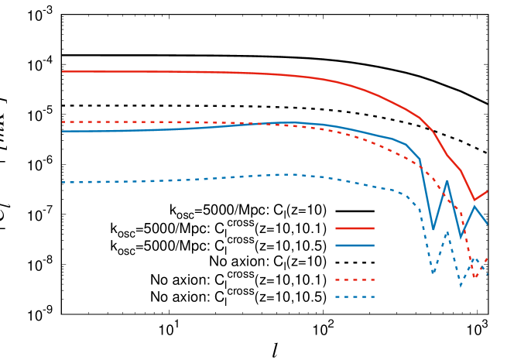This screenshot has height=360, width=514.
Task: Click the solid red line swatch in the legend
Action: click(x=355, y=228)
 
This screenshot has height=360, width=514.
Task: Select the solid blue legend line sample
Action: click(x=355, y=245)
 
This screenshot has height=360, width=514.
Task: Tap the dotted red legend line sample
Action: click(x=355, y=279)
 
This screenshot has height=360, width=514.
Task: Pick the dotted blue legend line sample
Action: click(x=355, y=297)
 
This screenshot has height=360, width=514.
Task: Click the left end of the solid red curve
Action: click(x=63, y=72)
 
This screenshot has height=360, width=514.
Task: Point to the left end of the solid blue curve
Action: click(x=63, y=132)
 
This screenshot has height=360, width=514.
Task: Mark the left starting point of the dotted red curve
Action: click(x=63, y=122)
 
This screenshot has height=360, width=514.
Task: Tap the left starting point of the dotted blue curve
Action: click(x=63, y=183)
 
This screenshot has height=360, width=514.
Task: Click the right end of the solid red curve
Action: click(x=487, y=191)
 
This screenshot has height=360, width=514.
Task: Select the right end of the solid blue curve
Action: click(x=487, y=223)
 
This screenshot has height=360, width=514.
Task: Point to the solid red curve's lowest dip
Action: click(x=475, y=200)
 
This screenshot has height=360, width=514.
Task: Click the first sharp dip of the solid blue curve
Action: click(x=433, y=230)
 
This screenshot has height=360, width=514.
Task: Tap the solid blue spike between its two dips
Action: click(x=447, y=181)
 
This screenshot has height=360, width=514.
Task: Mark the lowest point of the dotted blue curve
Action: click(x=461, y=286)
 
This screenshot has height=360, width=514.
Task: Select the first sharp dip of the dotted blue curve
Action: click(x=433, y=273)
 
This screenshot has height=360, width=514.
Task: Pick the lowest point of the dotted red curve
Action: click(x=475, y=276)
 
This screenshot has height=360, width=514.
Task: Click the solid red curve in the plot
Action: click(x=232, y=73)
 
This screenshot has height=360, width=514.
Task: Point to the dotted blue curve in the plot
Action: click(x=194, y=180)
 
